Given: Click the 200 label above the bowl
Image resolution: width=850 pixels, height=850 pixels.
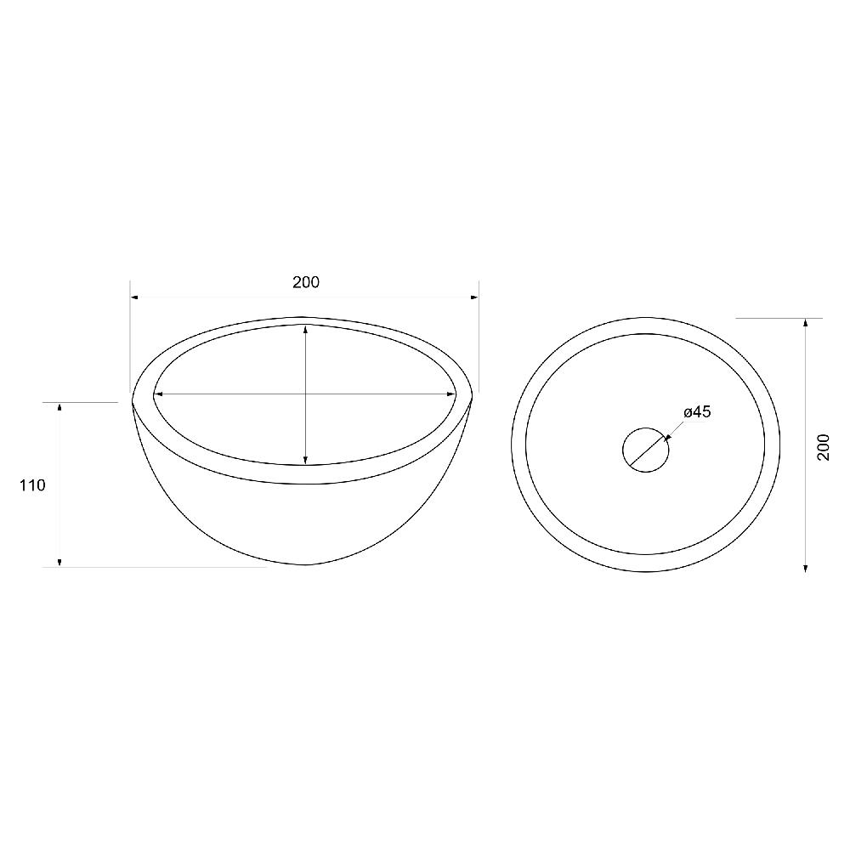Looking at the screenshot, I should [306, 282].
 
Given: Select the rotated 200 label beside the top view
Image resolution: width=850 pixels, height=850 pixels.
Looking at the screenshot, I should [823, 446].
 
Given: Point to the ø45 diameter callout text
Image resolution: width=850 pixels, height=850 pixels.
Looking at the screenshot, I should [696, 412].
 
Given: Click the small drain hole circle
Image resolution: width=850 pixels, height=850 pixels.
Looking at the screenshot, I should [646, 448].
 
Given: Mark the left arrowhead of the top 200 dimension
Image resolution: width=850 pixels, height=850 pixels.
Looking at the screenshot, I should [134, 297].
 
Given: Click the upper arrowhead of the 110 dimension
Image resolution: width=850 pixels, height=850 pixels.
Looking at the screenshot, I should [59, 408].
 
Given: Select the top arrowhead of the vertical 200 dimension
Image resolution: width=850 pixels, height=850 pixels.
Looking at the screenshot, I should [805, 323].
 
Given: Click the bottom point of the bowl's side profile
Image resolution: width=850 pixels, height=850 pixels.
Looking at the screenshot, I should [306, 564].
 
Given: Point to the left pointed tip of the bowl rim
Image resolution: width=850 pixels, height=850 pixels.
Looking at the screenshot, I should [133, 398].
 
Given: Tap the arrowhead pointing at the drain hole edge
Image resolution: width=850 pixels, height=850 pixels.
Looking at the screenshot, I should [666, 439].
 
